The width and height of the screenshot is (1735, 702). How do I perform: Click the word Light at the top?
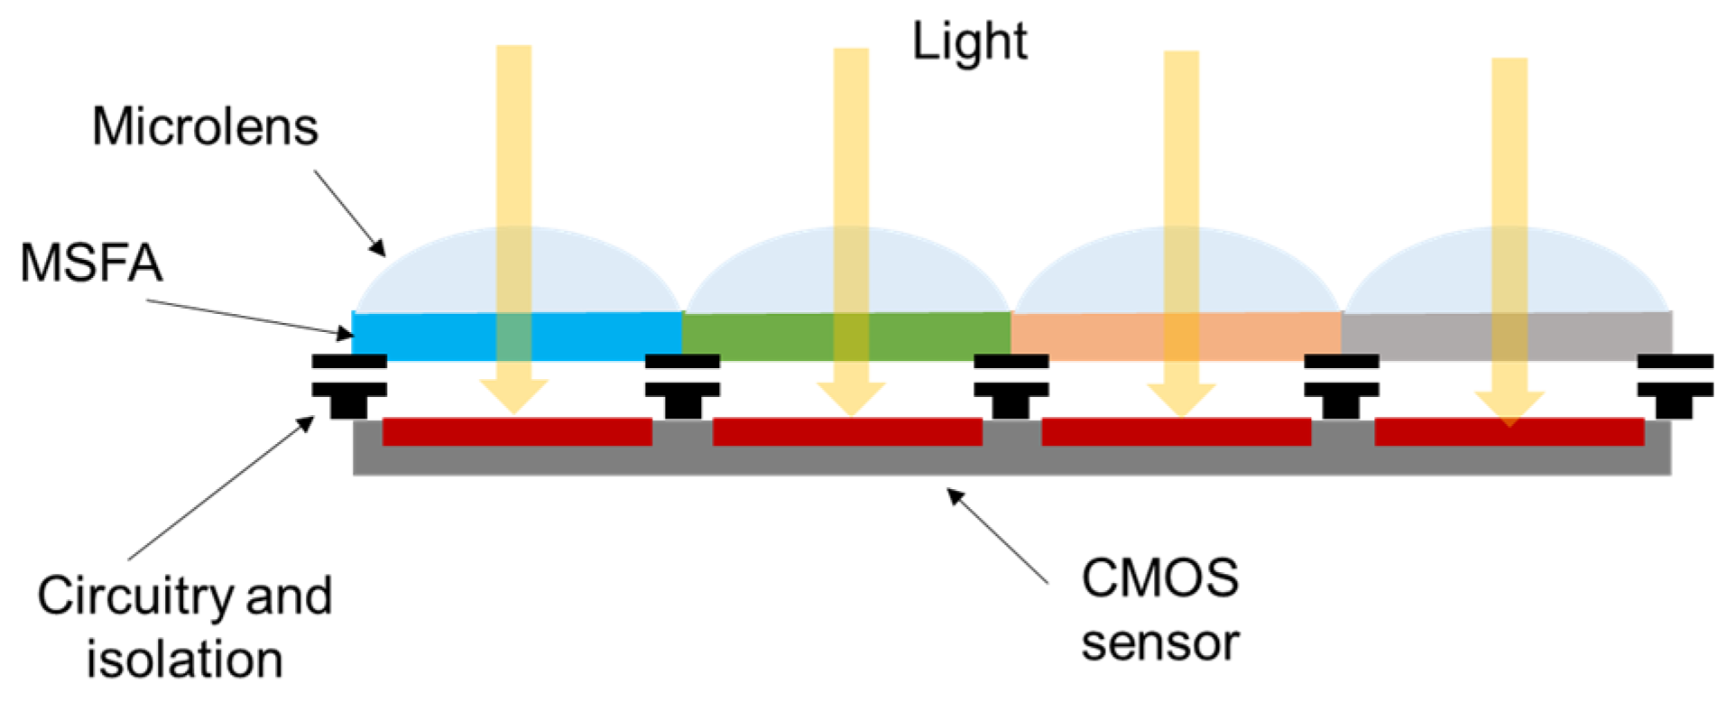969,42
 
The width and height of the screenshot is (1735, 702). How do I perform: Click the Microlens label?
205,126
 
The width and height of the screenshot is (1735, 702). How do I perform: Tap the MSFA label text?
91,263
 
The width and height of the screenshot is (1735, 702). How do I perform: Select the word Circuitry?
134,596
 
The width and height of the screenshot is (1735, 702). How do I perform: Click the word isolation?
185,660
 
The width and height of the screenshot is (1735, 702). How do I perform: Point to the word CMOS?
1159,578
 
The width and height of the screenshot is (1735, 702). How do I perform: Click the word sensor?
1159,643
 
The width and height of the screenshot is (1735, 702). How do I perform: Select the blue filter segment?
424,336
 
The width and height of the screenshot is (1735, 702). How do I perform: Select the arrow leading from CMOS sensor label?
998,537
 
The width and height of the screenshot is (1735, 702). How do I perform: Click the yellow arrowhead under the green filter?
851,397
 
